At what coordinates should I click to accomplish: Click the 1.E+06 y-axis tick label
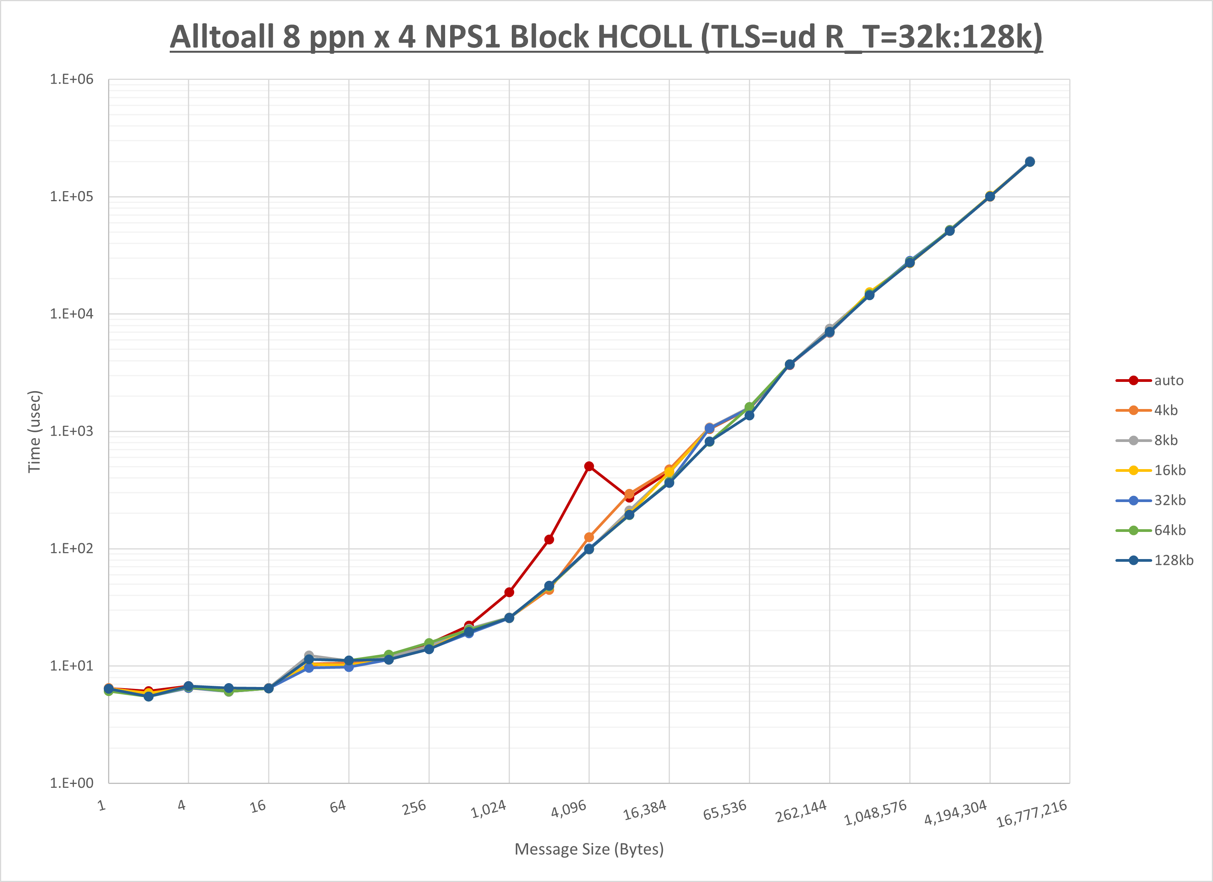(x=71, y=79)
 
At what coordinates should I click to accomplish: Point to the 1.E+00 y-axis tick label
(x=71, y=783)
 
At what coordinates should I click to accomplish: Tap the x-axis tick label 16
(x=258, y=806)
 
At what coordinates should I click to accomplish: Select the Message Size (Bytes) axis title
(x=589, y=849)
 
